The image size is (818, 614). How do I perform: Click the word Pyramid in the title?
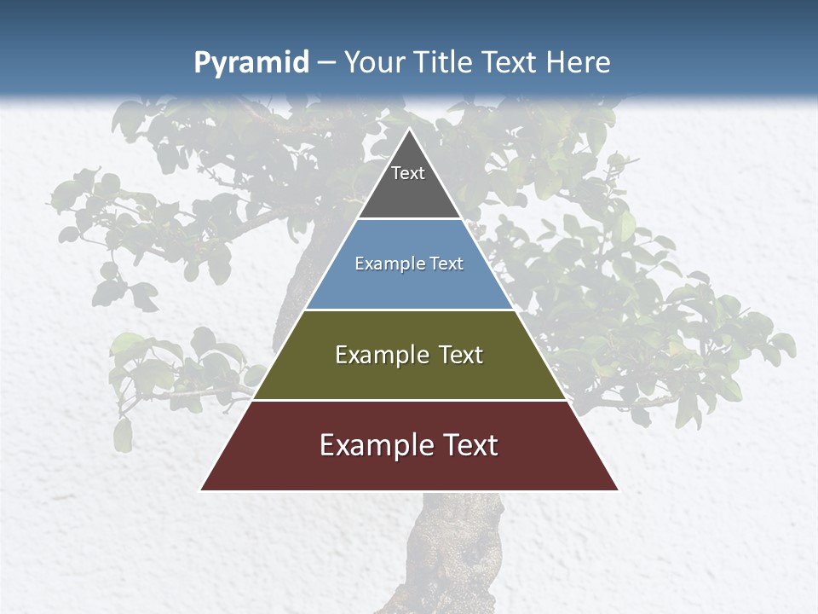tap(251, 63)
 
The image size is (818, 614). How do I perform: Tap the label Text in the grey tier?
tap(408, 173)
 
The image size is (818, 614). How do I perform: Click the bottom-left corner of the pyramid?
tap(202, 489)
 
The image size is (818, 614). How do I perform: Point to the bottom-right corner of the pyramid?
tap(617, 489)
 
